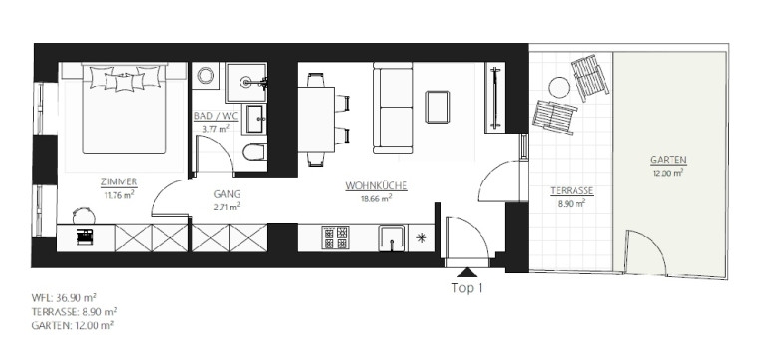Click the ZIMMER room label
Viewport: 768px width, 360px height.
pyautogui.click(x=119, y=182)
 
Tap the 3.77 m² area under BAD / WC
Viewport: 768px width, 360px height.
pyautogui.click(x=216, y=130)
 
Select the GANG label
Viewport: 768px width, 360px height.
pyautogui.click(x=227, y=193)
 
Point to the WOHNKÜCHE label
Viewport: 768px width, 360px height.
pyautogui.click(x=377, y=186)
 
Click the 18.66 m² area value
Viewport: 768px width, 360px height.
pyautogui.click(x=377, y=199)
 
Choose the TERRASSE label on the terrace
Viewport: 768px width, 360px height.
pyautogui.click(x=572, y=191)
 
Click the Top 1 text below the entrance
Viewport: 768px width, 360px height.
pyautogui.click(x=467, y=288)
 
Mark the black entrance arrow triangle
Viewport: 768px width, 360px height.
pyautogui.click(x=467, y=272)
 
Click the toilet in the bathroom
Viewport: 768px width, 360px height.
pyautogui.click(x=254, y=152)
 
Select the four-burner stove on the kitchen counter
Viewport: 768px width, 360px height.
pyautogui.click(x=335, y=238)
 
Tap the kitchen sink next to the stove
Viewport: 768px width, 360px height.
pyautogui.click(x=392, y=238)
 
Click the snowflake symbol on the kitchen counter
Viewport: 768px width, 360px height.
pyautogui.click(x=420, y=238)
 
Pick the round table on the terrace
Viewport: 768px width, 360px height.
pyautogui.click(x=559, y=88)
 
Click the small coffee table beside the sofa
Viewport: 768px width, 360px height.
pyautogui.click(x=438, y=107)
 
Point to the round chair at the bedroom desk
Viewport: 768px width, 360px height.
pyautogui.click(x=84, y=215)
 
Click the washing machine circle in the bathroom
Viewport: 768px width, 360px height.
pyautogui.click(x=206, y=76)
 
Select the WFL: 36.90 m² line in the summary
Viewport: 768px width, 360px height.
pyautogui.click(x=64, y=298)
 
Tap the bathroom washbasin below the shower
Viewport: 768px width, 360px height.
pyautogui.click(x=254, y=119)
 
